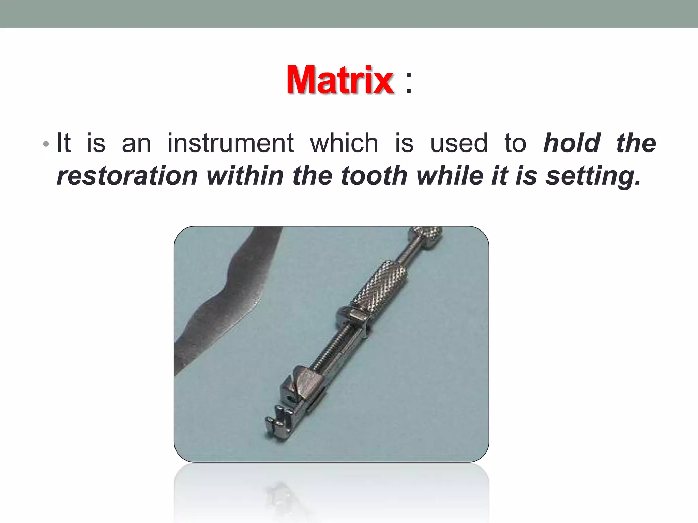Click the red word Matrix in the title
point(340,80)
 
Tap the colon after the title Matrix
point(409,83)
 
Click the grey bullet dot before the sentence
point(46,144)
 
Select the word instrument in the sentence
point(230,143)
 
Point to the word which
point(344,143)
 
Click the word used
point(459,143)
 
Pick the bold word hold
point(572,143)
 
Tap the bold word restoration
point(127,176)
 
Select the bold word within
point(245,176)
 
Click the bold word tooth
point(374,176)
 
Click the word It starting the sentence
point(64,143)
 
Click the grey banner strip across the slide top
point(349,14)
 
